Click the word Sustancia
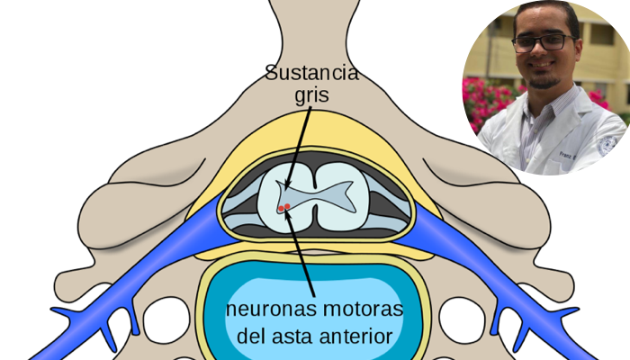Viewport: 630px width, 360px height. pos(311,72)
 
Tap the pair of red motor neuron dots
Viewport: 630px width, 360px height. pos(284,208)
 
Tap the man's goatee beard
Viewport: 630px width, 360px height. pos(542,80)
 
